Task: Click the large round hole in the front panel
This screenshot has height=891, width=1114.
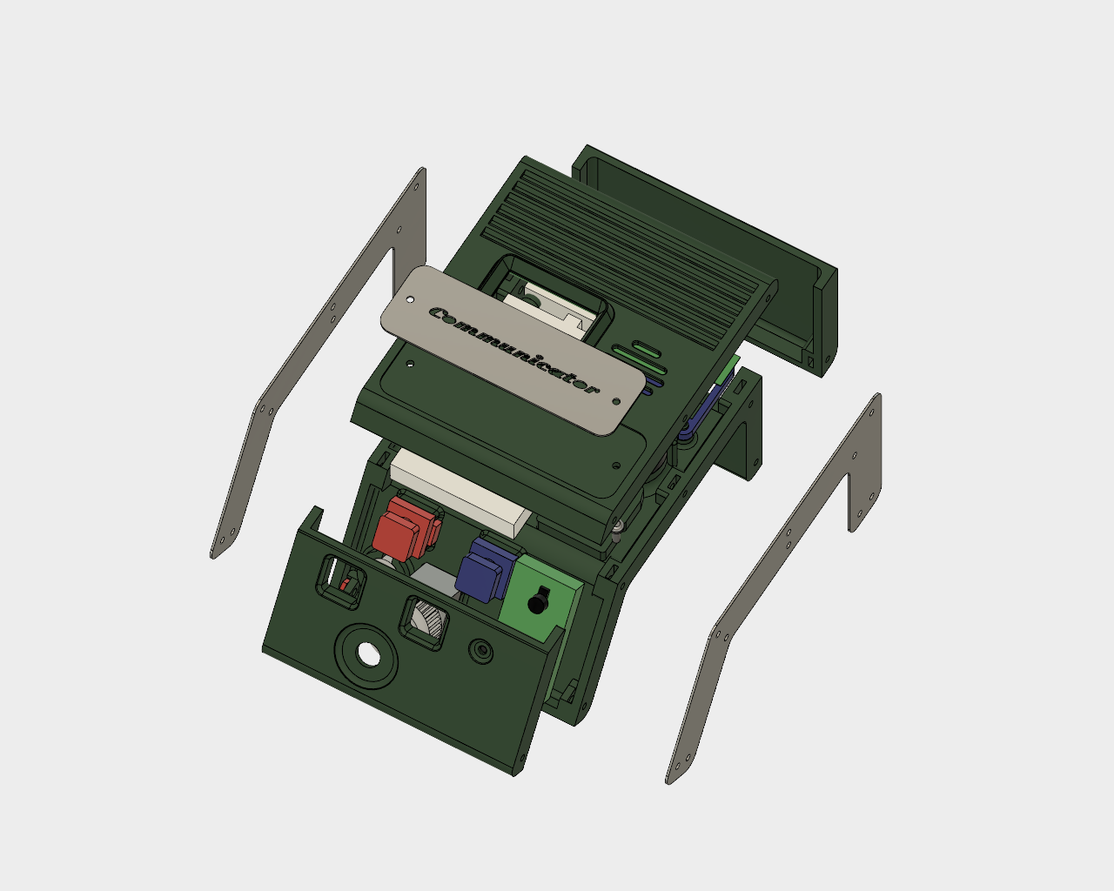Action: point(368,653)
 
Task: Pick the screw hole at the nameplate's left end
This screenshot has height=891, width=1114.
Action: point(410,299)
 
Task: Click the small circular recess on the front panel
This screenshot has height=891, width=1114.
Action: point(480,649)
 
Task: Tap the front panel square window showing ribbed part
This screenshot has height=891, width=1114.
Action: point(426,620)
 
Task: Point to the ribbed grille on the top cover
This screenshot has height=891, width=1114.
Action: point(627,244)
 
